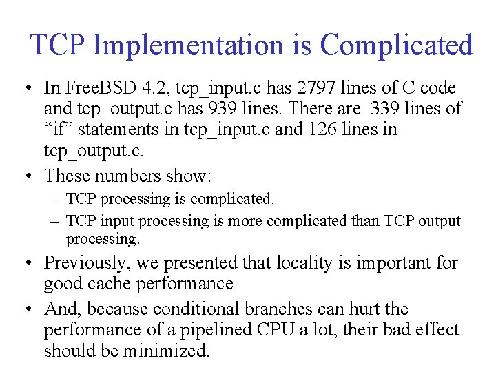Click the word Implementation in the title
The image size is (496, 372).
point(187,45)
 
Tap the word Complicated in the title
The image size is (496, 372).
point(396,45)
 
